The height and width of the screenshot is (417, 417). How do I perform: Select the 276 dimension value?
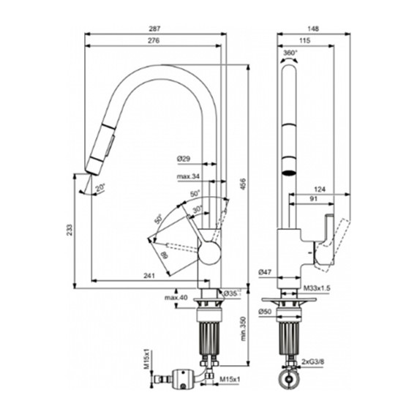[x=154, y=42]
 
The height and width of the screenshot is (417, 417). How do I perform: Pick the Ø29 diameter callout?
[x=185, y=159]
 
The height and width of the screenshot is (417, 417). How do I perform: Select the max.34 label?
[x=188, y=176]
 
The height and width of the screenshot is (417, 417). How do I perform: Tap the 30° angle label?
[x=198, y=208]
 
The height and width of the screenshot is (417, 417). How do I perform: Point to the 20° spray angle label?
[x=98, y=187]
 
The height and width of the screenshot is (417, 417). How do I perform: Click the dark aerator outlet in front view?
[x=289, y=173]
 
